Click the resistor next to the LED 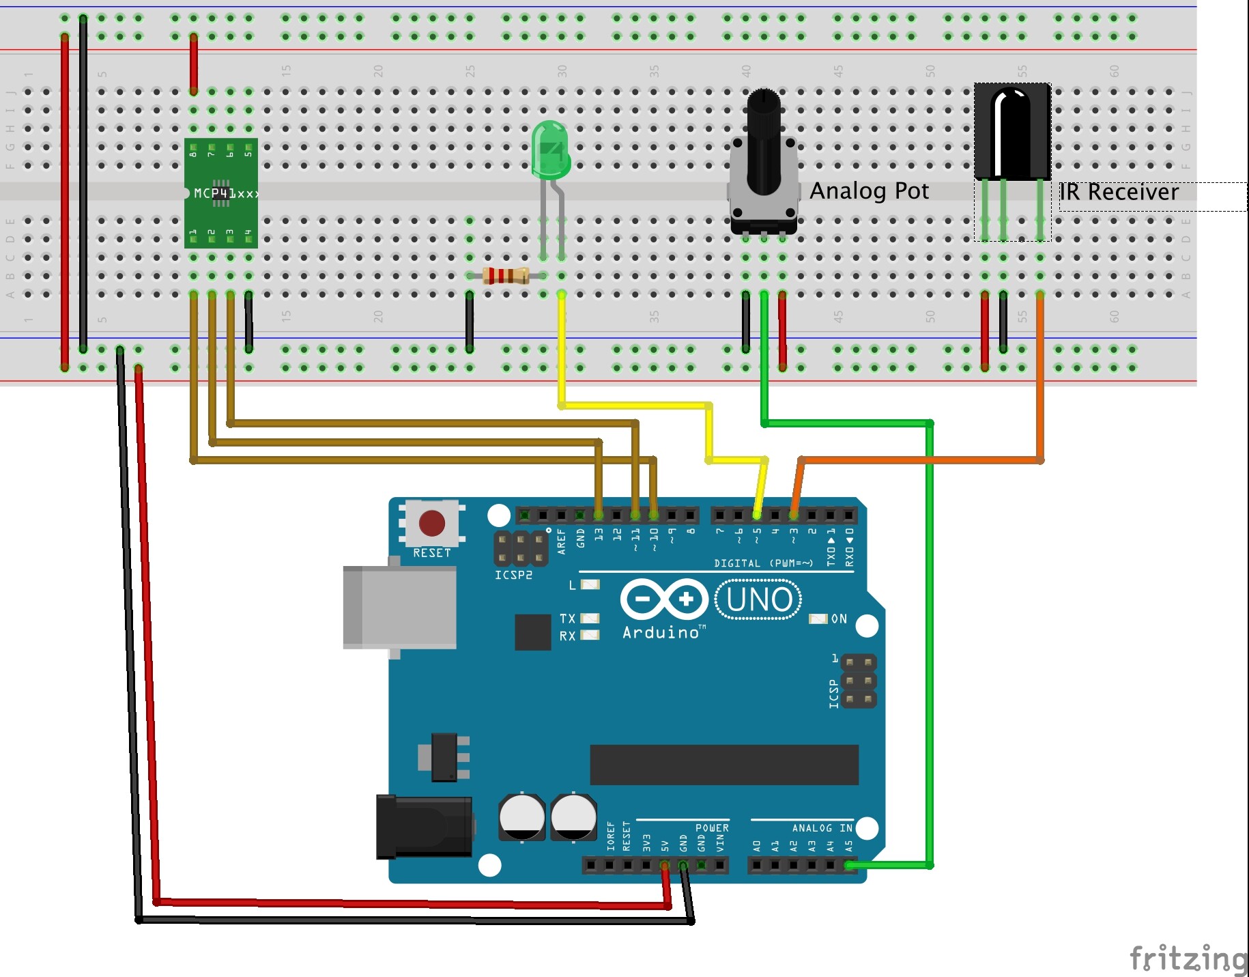tap(505, 275)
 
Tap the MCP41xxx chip tap(221, 193)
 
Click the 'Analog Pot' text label tap(869, 191)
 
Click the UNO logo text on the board tap(758, 599)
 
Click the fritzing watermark tap(1188, 958)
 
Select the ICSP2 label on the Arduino tap(513, 575)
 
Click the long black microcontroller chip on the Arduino tap(723, 765)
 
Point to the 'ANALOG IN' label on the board tap(822, 827)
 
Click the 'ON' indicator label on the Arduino tap(839, 619)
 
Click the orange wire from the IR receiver tap(921, 461)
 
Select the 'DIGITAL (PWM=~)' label tap(763, 563)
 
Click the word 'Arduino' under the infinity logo tap(661, 633)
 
